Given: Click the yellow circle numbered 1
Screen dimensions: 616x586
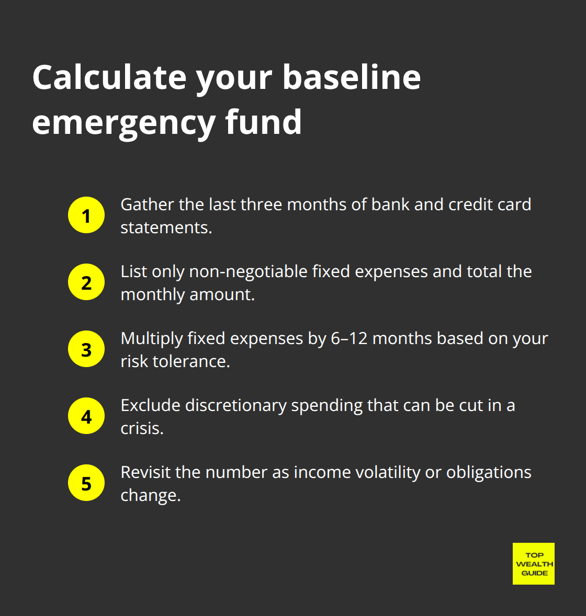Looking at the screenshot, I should [x=86, y=215].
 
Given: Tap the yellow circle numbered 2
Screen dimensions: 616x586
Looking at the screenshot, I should [x=86, y=282].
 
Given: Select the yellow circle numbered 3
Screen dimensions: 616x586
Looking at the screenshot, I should [x=86, y=349].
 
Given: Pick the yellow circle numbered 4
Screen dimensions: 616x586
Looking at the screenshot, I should [x=86, y=416].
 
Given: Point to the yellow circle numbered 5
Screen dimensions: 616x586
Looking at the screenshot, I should [x=86, y=483].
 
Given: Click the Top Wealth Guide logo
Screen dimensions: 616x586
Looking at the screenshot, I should [x=534, y=564].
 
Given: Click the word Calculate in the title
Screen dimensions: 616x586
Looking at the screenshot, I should [x=109, y=77].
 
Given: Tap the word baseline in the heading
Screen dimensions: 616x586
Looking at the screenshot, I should [x=352, y=77].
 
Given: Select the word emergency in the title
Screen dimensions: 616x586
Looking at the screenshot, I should [x=123, y=122].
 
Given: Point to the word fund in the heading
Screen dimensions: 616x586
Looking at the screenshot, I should [x=263, y=122].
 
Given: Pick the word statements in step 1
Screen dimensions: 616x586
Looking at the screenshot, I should [x=165, y=227].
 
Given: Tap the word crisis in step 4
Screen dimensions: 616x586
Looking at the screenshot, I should [x=141, y=428].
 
